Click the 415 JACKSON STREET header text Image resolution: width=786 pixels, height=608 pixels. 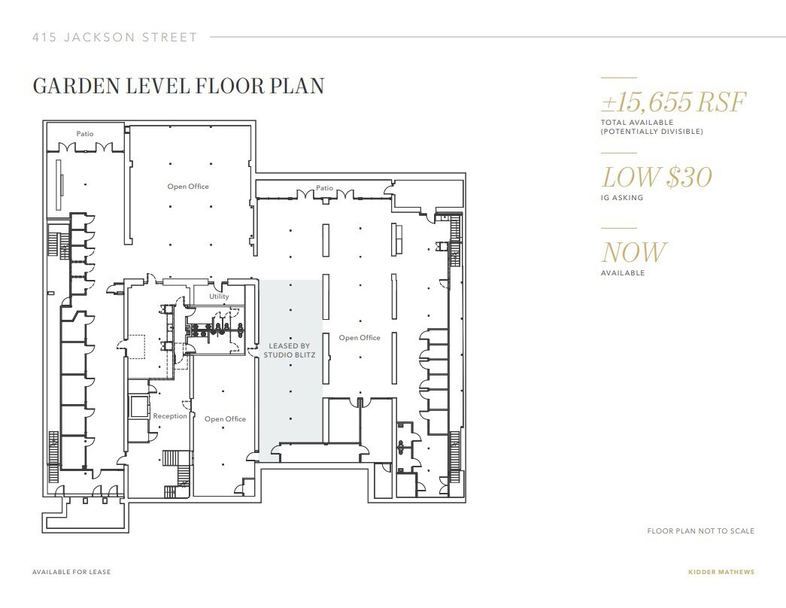click(115, 37)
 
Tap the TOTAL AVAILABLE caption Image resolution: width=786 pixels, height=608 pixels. click(636, 122)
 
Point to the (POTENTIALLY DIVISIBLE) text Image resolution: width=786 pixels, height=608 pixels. click(651, 132)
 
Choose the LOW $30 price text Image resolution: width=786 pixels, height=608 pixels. click(656, 178)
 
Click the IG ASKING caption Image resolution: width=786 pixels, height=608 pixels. click(621, 198)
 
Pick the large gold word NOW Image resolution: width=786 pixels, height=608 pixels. click(633, 252)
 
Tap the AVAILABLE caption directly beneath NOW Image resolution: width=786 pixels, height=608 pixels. click(622, 273)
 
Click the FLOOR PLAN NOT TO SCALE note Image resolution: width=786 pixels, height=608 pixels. click(700, 531)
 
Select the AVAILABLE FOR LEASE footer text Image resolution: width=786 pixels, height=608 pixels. click(71, 572)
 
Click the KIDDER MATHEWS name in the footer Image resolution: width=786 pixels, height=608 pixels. click(721, 572)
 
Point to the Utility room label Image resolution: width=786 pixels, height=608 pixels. click(219, 296)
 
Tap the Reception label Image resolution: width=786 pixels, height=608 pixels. click(170, 416)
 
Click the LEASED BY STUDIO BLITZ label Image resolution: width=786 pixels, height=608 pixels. click(289, 350)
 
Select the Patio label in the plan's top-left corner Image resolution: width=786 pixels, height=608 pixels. click(85, 134)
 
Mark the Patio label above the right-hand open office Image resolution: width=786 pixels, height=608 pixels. click(324, 188)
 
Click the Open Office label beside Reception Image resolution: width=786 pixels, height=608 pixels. click(225, 419)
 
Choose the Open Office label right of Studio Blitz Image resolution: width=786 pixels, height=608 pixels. click(360, 338)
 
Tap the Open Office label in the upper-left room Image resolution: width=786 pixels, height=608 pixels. click(188, 187)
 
